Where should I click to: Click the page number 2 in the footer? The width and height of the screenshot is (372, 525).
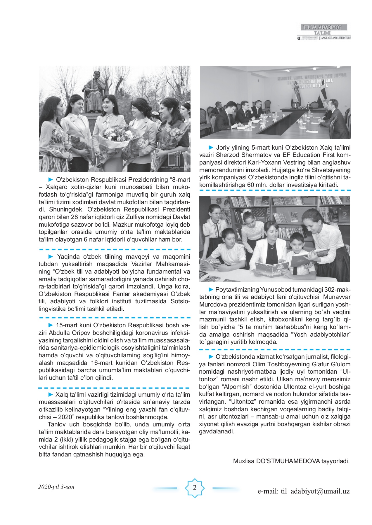[195, 488]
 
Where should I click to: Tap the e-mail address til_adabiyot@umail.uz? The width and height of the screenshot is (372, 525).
[303, 491]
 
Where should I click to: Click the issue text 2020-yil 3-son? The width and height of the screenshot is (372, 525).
[56, 487]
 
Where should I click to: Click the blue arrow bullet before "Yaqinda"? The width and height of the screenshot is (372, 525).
[51, 257]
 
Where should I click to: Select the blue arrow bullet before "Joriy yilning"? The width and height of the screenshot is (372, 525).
[211, 148]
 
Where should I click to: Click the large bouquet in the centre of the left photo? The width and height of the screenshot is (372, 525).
[117, 137]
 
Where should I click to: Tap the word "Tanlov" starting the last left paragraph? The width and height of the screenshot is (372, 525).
[56, 424]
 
